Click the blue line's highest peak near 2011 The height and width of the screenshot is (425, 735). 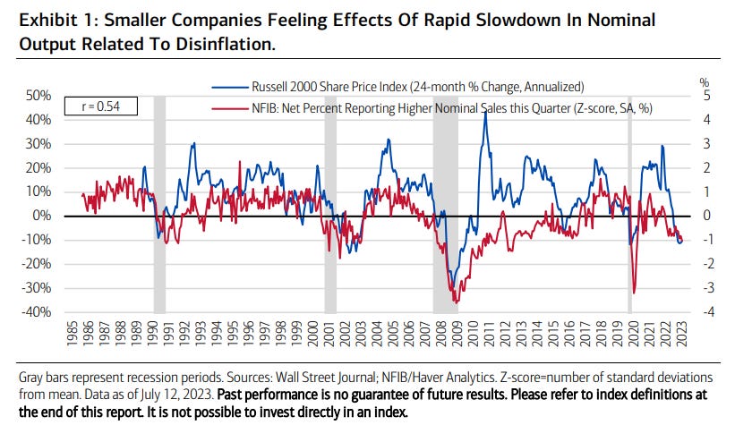click(484, 114)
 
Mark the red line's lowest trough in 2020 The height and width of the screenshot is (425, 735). click(634, 293)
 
